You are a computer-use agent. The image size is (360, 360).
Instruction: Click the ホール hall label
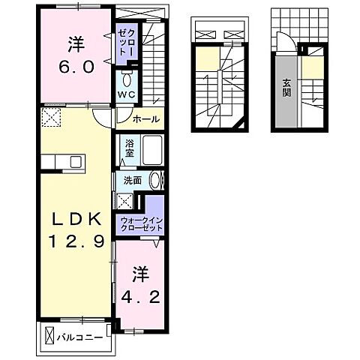click(x=145, y=118)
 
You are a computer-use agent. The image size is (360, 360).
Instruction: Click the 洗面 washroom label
click(x=132, y=180)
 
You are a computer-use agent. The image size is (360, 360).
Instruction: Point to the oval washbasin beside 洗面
click(x=156, y=180)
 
